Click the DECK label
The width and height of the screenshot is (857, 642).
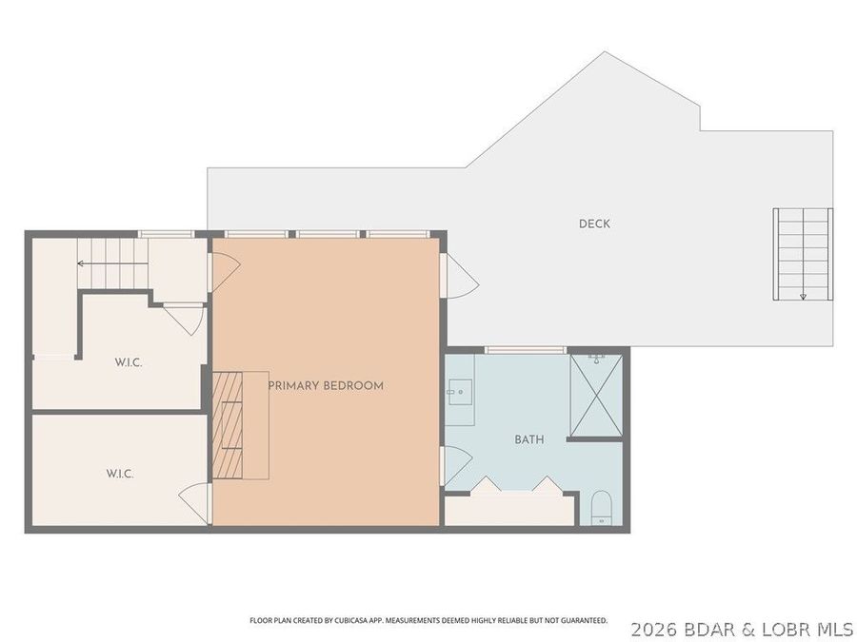594,224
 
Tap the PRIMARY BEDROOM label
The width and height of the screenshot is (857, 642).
326,385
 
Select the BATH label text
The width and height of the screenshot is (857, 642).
529,439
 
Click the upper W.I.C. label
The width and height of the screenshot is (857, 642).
129,361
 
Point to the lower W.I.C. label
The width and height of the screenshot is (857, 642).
119,472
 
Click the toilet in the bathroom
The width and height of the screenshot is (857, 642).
600,509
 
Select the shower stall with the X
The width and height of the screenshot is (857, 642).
595,395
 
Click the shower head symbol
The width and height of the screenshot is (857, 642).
596,359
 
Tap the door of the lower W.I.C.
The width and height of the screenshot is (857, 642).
196,502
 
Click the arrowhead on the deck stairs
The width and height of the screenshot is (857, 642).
803,296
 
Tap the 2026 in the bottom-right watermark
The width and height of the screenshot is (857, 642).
652,629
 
